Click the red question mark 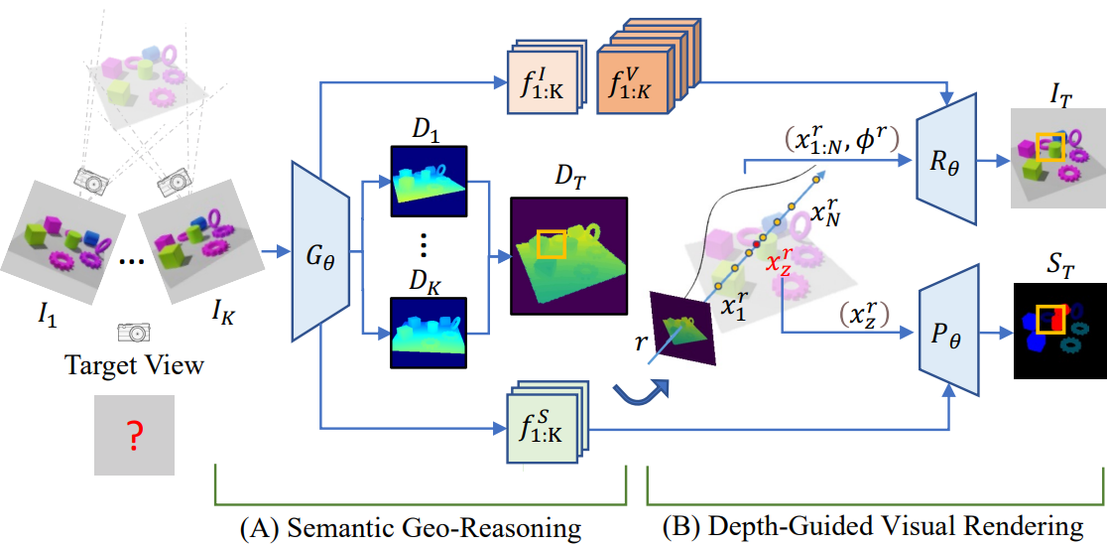click(134, 436)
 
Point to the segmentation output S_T click(1058, 331)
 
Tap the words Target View click(134, 365)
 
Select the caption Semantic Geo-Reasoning click(411, 526)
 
